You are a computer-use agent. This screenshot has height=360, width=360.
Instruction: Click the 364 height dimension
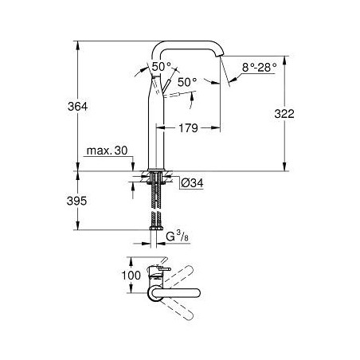click(77, 107)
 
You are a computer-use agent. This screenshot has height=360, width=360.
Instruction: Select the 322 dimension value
click(284, 114)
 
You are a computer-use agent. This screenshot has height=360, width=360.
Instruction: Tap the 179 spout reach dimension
click(188, 128)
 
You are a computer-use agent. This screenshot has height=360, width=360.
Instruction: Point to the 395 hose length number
click(76, 201)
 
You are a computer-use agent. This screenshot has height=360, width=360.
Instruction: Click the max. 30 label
click(107, 151)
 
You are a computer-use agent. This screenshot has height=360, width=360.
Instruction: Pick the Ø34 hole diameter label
click(192, 182)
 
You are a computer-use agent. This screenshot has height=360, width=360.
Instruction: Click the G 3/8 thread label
click(177, 236)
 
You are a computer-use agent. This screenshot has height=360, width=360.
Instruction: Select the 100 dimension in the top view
click(131, 276)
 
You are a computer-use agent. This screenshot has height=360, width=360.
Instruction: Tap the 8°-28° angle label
click(259, 68)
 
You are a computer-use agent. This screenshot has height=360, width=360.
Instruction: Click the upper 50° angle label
click(162, 66)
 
